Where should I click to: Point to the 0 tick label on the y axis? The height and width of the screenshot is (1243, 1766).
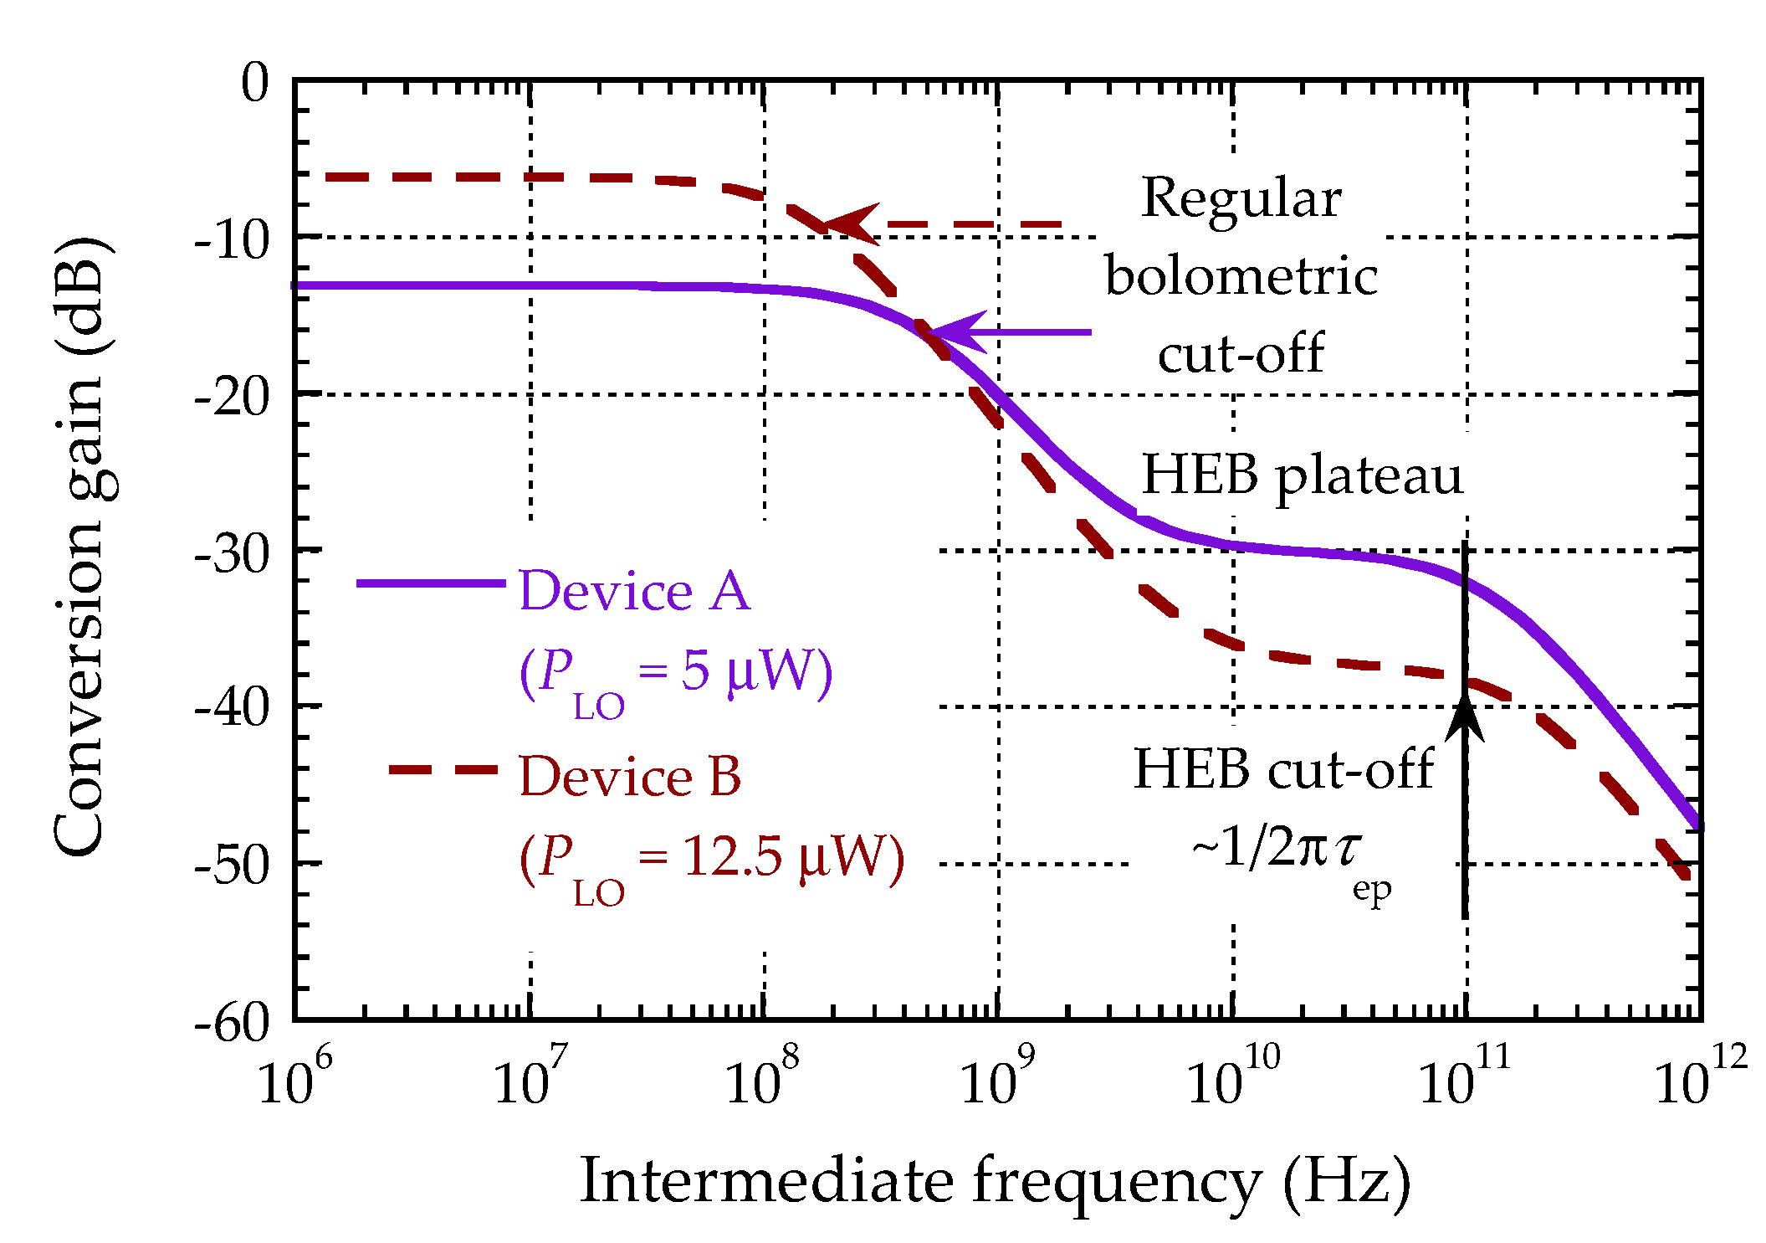click(255, 84)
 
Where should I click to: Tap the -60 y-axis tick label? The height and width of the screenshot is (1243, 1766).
click(233, 1023)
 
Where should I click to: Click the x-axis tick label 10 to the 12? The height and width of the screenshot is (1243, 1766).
click(1698, 1080)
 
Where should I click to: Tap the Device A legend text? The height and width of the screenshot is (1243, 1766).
click(634, 591)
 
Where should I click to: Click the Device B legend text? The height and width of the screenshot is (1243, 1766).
click(630, 776)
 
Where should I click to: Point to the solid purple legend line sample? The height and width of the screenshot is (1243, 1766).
click(431, 583)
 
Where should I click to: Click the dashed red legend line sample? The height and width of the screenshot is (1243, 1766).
click(443, 769)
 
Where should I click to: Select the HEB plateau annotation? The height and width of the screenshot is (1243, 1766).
click(1302, 475)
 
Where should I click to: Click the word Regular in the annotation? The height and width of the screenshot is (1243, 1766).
click(1241, 199)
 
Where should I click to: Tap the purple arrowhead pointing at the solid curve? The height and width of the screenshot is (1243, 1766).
click(954, 332)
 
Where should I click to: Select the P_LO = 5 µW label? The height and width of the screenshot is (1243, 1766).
click(676, 675)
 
